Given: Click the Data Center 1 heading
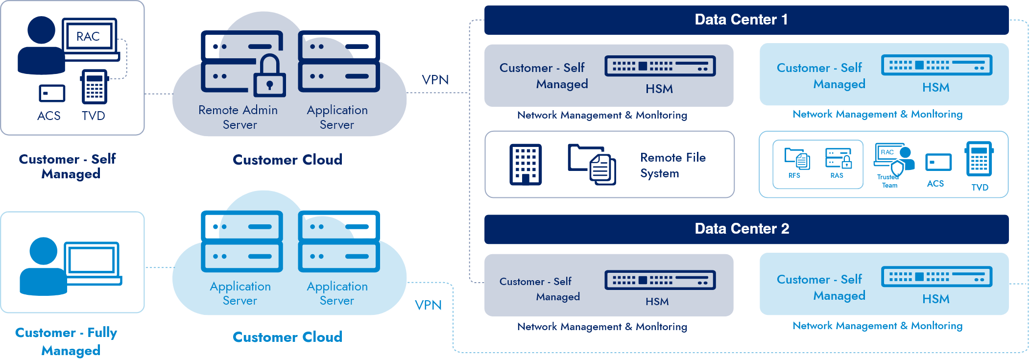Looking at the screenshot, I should [741, 20].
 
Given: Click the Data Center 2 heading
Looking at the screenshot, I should [742, 229].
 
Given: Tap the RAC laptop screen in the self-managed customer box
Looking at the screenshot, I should [89, 36].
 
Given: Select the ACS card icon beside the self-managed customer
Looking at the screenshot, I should [52, 93].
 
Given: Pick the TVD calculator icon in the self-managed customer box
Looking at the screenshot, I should [94, 87].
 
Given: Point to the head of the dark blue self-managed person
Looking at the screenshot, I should [41, 30].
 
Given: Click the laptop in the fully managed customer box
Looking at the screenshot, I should [93, 262].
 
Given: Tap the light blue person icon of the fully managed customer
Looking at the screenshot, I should [43, 267].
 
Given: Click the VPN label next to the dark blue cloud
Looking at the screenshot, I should [435, 80].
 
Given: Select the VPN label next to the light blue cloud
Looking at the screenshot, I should [428, 305].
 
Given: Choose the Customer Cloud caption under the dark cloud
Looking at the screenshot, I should [287, 160].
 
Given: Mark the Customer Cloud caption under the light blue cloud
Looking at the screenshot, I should [287, 337].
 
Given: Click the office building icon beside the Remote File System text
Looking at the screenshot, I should [526, 164].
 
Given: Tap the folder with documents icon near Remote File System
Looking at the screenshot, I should [592, 165].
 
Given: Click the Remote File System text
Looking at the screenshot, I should [672, 165].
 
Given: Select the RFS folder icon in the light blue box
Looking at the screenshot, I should [797, 158].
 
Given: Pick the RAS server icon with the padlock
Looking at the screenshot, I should [838, 158].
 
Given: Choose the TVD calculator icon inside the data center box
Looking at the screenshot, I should [979, 159].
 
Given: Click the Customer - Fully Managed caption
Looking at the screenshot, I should [67, 341].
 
